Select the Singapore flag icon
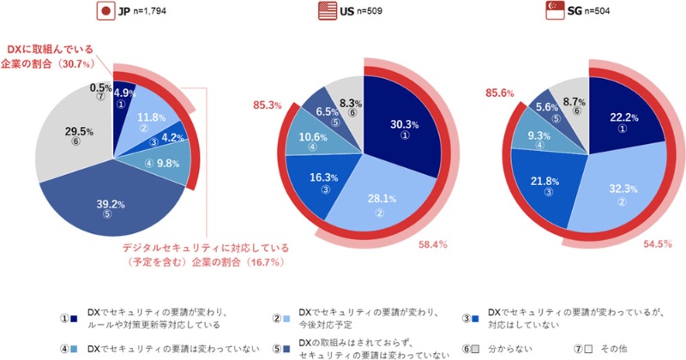coord(555,12)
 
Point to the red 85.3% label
coord(267,106)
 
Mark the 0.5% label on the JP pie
coord(99,87)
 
